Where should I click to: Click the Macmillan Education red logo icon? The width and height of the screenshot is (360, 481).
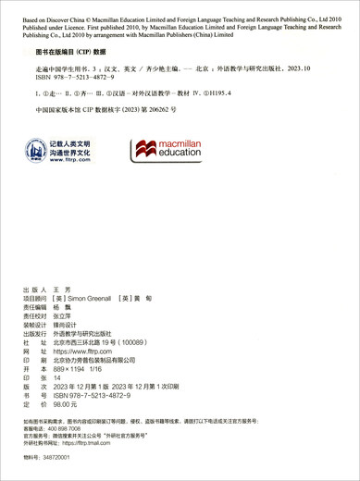tap(145, 147)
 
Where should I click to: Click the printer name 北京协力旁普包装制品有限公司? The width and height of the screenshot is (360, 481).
tap(107, 361)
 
